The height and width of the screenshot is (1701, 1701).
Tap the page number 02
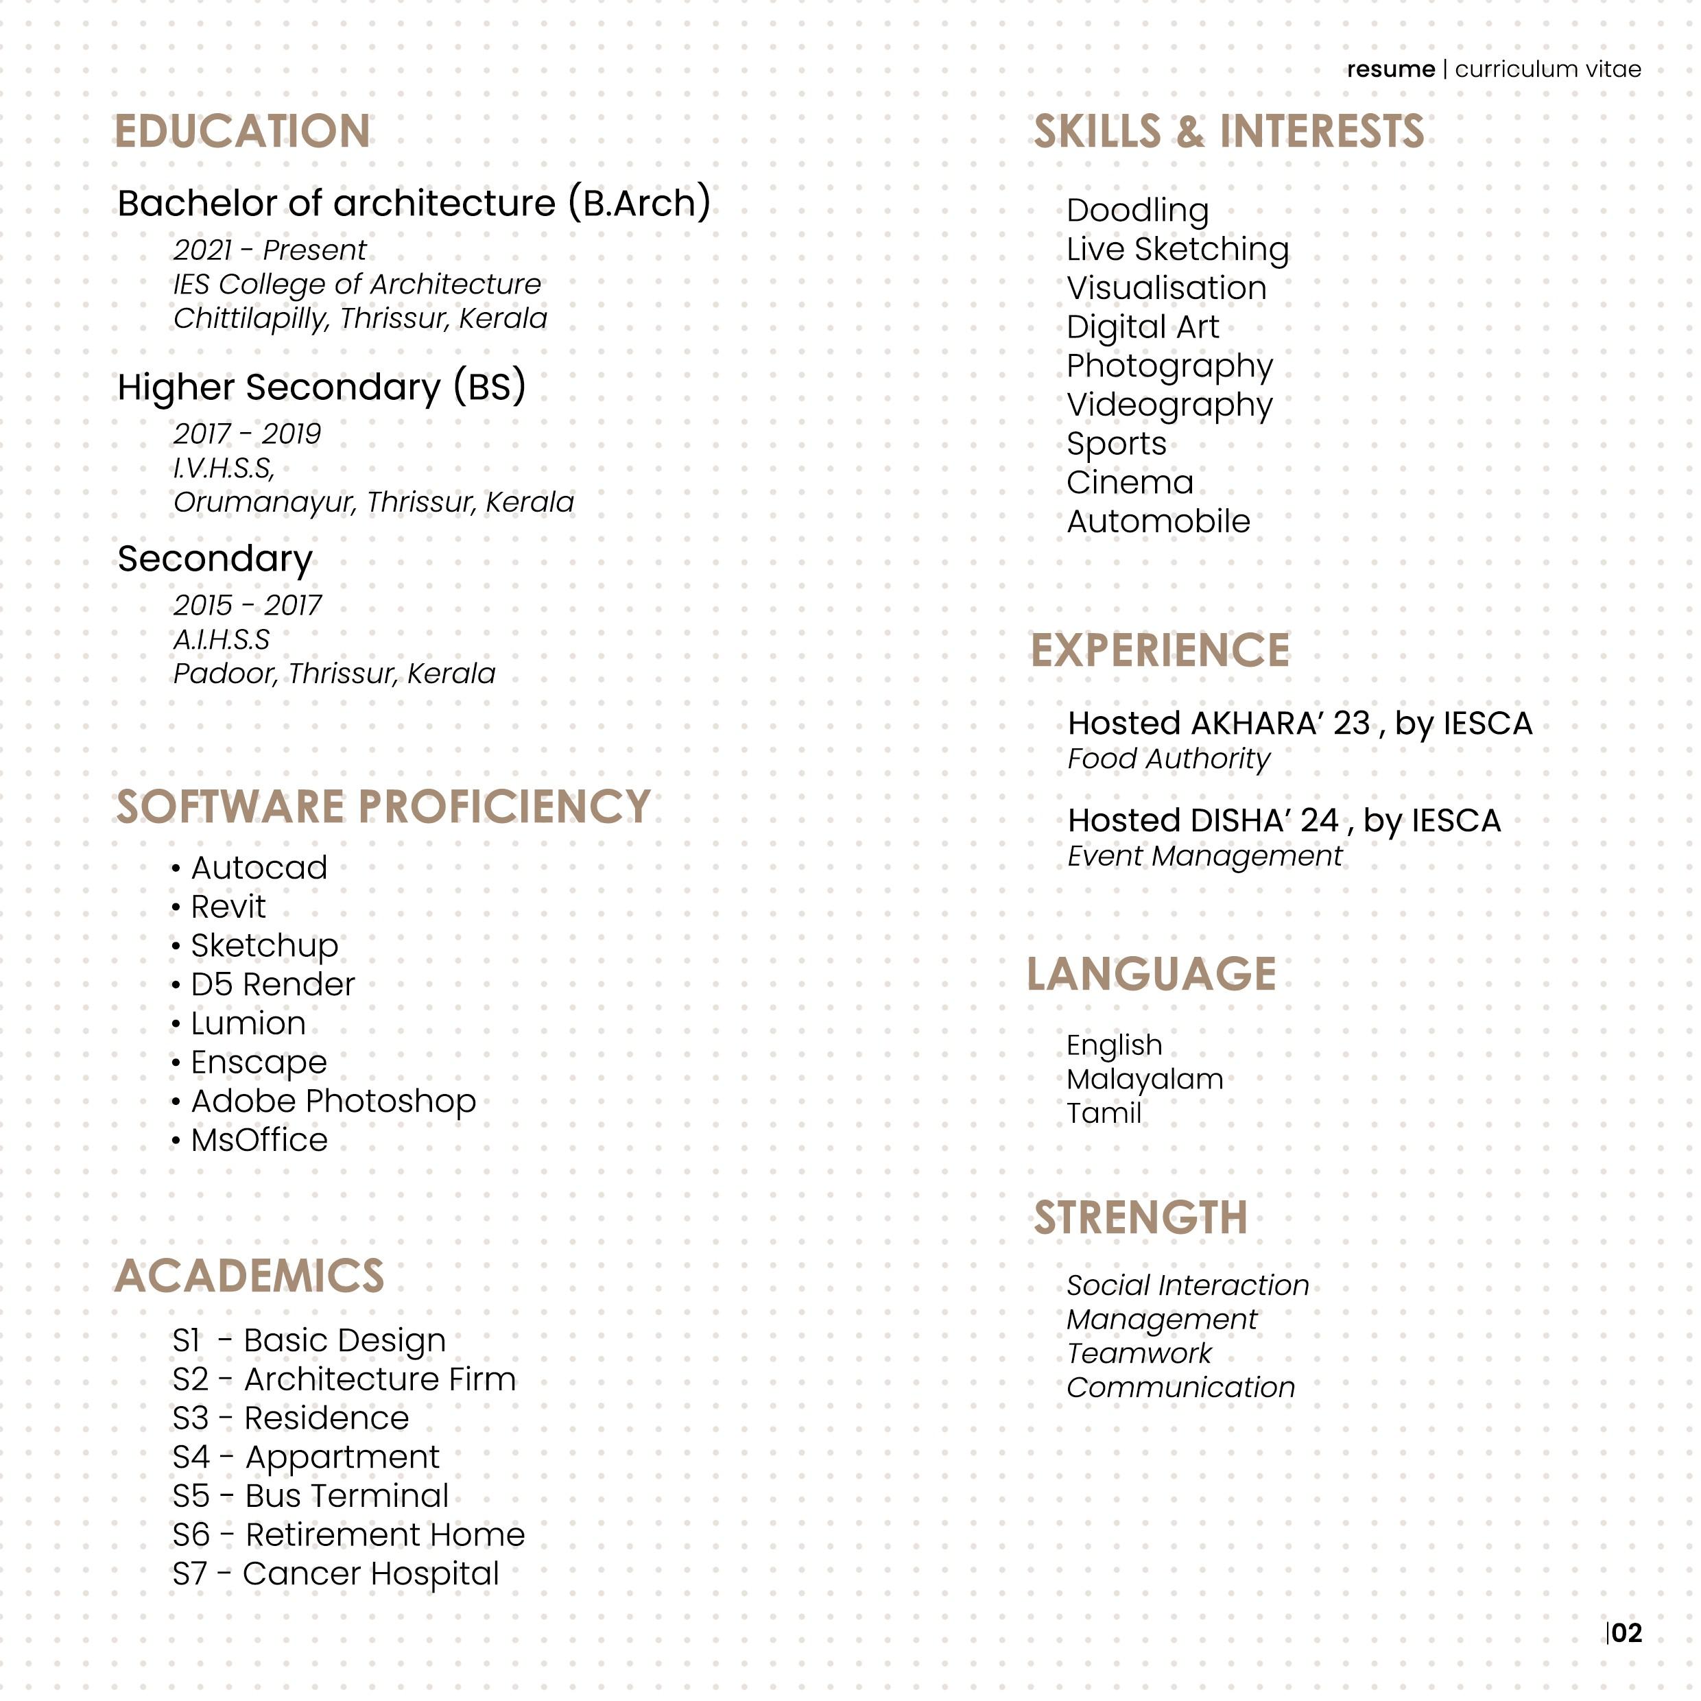click(x=1627, y=1633)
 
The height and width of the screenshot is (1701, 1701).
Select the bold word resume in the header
click(x=1390, y=69)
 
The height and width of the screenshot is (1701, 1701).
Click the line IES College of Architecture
click(x=357, y=285)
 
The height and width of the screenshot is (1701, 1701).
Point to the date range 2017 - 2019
click(x=248, y=434)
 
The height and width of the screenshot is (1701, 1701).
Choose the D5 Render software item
click(x=272, y=984)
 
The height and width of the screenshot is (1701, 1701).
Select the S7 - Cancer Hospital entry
click(x=335, y=1573)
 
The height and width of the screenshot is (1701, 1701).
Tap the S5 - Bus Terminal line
click(x=310, y=1496)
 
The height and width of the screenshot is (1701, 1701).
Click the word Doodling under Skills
click(x=1137, y=211)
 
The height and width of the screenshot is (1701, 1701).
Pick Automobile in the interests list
click(x=1158, y=521)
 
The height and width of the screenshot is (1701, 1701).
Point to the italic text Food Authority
click(x=1168, y=759)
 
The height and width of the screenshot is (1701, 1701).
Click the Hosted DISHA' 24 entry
click(x=1284, y=820)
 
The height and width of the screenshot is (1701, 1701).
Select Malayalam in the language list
click(x=1145, y=1080)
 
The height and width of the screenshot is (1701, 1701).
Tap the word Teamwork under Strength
click(x=1139, y=1353)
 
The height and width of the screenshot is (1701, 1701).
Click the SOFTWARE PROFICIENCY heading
click(x=383, y=807)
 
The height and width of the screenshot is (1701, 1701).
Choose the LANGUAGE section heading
click(x=1151, y=974)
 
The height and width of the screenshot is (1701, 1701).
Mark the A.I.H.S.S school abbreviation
click(x=222, y=640)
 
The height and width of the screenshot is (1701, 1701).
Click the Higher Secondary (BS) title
click(x=322, y=388)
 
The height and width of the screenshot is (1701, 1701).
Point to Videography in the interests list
click(x=1169, y=405)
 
